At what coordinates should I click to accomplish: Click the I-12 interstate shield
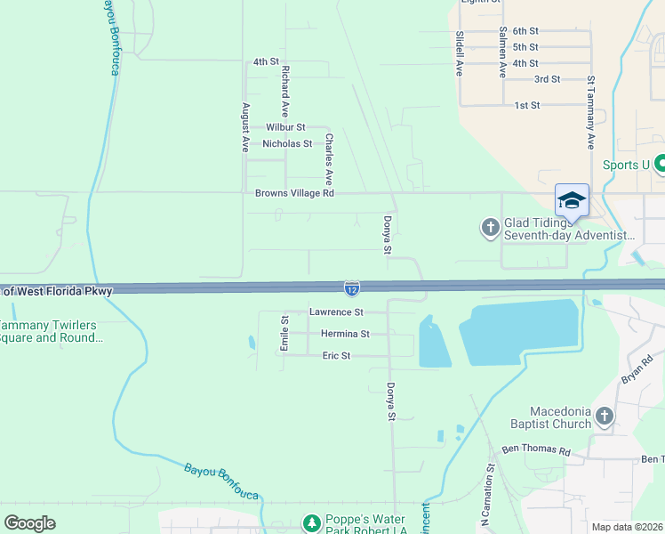(x=353, y=287)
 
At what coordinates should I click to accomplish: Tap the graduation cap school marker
(x=572, y=199)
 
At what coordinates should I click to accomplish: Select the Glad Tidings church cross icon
(x=490, y=229)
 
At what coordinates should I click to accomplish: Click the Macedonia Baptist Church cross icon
(x=605, y=417)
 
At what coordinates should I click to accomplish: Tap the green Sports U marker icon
(x=661, y=165)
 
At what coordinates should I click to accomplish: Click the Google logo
(x=30, y=522)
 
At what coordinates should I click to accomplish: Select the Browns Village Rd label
(x=294, y=192)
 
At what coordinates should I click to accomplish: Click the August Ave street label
(x=245, y=127)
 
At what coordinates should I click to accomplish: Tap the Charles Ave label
(x=328, y=153)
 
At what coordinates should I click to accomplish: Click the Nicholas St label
(x=287, y=143)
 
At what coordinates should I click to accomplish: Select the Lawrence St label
(x=336, y=312)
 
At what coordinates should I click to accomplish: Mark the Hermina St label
(x=345, y=334)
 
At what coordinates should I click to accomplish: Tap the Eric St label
(x=336, y=355)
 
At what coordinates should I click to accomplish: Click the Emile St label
(x=284, y=333)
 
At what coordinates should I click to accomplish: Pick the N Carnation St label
(x=490, y=490)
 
